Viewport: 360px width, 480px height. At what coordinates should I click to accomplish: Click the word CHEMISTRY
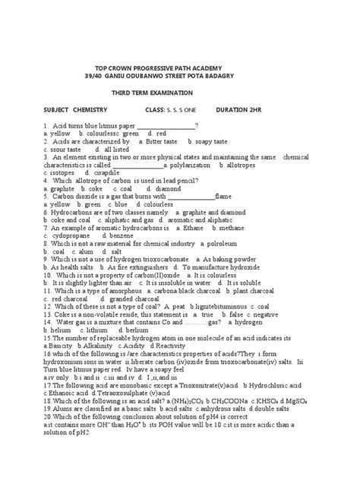click(x=112, y=109)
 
